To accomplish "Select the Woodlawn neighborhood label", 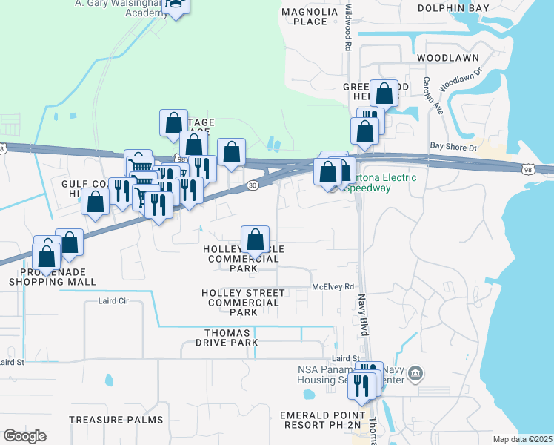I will coord(447,57).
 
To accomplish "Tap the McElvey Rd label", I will coord(333,286).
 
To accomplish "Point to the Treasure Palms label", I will coord(116,420).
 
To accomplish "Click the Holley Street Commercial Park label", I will coord(242,303).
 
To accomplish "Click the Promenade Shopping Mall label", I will coord(53,277).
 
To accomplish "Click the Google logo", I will coord(24,436).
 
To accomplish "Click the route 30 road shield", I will coord(252,185).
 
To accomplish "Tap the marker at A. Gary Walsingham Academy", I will coord(176,5).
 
